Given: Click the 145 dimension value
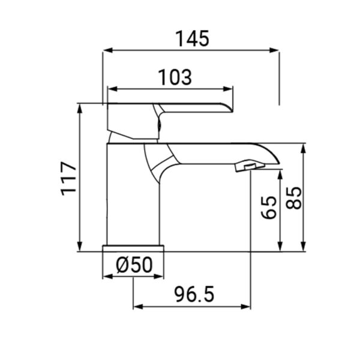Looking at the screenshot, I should [192, 39].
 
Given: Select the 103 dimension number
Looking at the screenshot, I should [175, 77].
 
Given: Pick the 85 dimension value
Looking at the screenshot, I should [294, 197].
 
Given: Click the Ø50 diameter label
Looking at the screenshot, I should [133, 264].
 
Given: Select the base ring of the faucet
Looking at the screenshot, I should [134, 248].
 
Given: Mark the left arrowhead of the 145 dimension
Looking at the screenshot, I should [107, 52].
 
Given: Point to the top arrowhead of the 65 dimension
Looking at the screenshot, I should [280, 173].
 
